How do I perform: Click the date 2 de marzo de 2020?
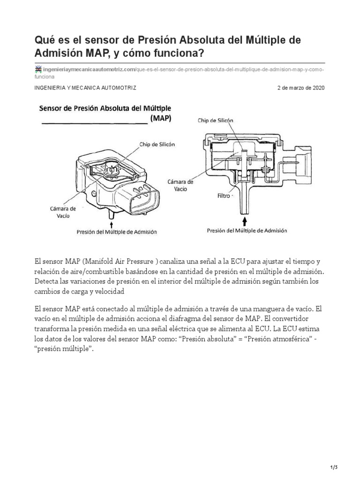pos(300,88)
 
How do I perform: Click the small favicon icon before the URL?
pos(39,69)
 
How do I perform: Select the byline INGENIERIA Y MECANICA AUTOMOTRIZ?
pos(86,88)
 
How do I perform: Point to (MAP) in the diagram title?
pos(161,119)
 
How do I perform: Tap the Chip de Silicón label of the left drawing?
pos(157,145)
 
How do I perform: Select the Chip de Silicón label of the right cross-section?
pos(215,120)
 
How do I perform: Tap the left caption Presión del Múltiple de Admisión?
pos(116,232)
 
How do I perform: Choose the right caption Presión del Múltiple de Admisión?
pos(247,231)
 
